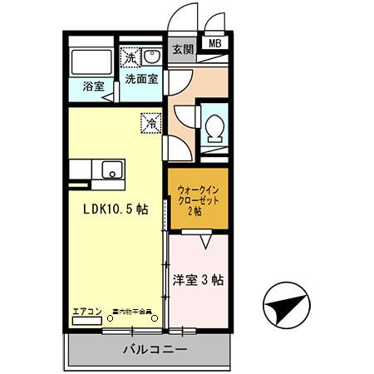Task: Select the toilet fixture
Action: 214,128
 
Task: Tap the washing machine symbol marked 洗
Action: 130,57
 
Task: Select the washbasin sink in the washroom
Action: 153,57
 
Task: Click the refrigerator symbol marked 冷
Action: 151,121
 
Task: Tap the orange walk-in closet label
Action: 197,200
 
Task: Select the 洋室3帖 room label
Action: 199,279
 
